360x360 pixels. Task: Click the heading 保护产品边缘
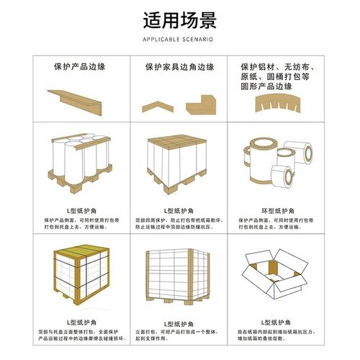click(x=78, y=66)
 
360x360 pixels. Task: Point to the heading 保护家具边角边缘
click(x=179, y=66)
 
